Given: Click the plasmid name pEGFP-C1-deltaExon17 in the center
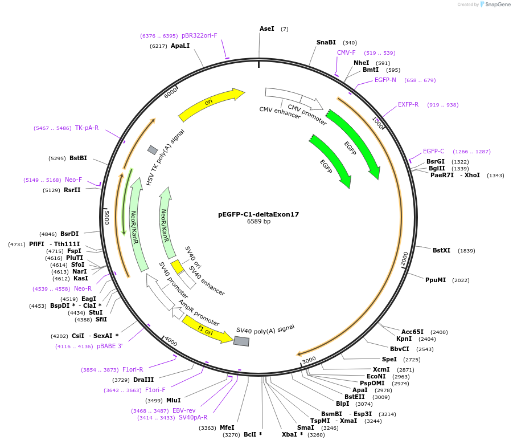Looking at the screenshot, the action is pyautogui.click(x=258, y=215).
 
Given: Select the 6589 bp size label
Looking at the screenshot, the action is pyautogui.click(x=258, y=222).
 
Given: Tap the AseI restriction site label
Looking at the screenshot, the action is pyautogui.click(x=267, y=28).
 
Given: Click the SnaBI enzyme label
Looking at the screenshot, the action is pyautogui.click(x=326, y=42).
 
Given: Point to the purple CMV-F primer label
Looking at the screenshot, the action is pyautogui.click(x=346, y=52).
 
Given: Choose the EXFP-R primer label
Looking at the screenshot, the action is pyautogui.click(x=408, y=104).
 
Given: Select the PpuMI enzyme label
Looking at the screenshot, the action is pyautogui.click(x=436, y=280).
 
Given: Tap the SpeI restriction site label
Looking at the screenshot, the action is pyautogui.click(x=389, y=360).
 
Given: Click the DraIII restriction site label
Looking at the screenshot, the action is pyautogui.click(x=143, y=380).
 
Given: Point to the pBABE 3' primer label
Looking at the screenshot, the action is pyautogui.click(x=109, y=347).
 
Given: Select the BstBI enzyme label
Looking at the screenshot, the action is pyautogui.click(x=79, y=158).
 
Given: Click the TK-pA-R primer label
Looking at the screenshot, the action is pyautogui.click(x=87, y=128).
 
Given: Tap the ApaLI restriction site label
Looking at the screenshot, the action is pyautogui.click(x=180, y=46).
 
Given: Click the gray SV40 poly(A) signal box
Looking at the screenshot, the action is pyautogui.click(x=241, y=340).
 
